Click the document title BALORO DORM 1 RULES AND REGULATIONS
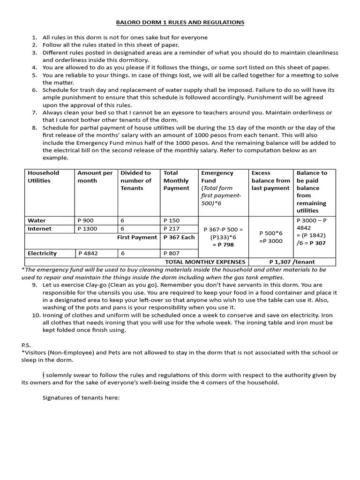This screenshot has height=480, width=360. click(180, 22)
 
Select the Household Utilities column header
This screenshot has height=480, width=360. click(43, 177)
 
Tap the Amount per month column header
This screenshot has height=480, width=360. click(95, 177)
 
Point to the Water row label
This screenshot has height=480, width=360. click(37, 220)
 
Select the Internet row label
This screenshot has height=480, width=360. click(39, 229)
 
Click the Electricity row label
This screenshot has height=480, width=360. click(42, 253)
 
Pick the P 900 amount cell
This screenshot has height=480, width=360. click(86, 220)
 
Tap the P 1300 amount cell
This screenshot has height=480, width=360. click(88, 229)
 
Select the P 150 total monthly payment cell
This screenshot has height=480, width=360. click(171, 220)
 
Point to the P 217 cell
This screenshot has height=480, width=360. click(171, 229)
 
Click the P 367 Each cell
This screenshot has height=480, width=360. click(179, 237)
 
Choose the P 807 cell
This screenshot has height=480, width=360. click(171, 253)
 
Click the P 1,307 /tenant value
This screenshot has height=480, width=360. click(292, 262)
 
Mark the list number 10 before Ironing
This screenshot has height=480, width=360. click(36, 315)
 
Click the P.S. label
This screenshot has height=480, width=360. click(26, 345)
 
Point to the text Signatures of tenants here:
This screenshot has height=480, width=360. click(81, 397)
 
